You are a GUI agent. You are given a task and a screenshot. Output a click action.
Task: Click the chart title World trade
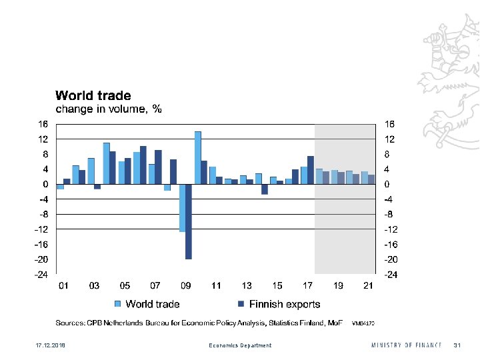click(93, 96)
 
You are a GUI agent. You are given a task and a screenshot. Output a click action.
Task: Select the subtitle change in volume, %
click(108, 109)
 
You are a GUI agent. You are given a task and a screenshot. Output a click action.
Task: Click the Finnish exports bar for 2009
click(189, 221)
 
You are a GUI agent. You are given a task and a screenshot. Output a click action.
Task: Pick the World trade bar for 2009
click(182, 207)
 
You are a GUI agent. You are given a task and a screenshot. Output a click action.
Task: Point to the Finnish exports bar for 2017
click(311, 170)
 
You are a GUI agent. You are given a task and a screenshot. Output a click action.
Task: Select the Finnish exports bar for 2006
click(143, 165)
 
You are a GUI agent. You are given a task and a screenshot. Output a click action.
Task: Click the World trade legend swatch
click(118, 304)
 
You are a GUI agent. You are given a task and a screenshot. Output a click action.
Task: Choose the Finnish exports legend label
click(285, 304)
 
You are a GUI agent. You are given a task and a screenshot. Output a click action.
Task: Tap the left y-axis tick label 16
click(42, 124)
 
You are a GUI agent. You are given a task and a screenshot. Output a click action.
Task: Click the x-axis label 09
click(186, 286)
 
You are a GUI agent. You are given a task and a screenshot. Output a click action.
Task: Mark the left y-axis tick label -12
click(41, 229)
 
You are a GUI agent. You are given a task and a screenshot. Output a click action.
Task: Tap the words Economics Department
click(240, 345)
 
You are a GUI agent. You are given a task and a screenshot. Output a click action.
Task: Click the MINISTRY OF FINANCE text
click(406, 345)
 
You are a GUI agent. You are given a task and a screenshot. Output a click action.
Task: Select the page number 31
click(457, 345)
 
